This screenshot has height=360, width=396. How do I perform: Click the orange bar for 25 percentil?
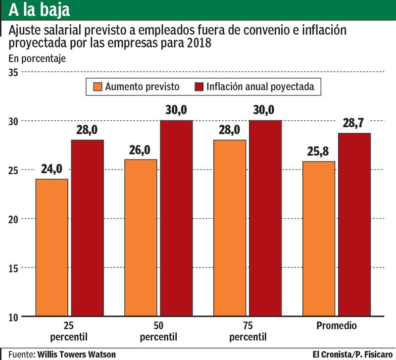click(x=51, y=247)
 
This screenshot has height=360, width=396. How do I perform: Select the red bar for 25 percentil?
click(x=87, y=228)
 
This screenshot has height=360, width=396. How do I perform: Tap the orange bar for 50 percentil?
click(x=141, y=238)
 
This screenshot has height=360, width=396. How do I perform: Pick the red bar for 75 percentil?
click(x=265, y=218)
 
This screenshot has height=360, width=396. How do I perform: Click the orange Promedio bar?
click(x=318, y=239)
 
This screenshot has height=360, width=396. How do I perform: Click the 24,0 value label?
click(x=51, y=169)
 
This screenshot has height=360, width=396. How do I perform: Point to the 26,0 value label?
click(x=141, y=150)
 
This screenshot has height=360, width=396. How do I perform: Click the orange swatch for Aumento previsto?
click(x=97, y=87)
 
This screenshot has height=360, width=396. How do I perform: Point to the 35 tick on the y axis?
click(x=13, y=72)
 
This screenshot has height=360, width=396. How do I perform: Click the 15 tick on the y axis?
click(x=13, y=267)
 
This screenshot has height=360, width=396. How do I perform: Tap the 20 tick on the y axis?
click(x=13, y=219)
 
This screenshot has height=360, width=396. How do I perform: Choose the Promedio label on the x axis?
click(x=336, y=326)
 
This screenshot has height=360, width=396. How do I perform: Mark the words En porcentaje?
click(x=37, y=58)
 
